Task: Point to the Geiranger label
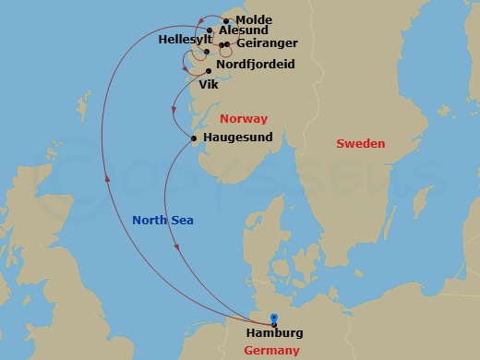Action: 266,43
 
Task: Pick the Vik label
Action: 209,83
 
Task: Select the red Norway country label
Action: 245,119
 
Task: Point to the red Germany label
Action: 273,351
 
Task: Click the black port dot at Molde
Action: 225,20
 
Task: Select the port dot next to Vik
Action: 209,70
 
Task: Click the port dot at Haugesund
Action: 193,138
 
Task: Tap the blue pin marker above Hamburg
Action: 273,318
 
